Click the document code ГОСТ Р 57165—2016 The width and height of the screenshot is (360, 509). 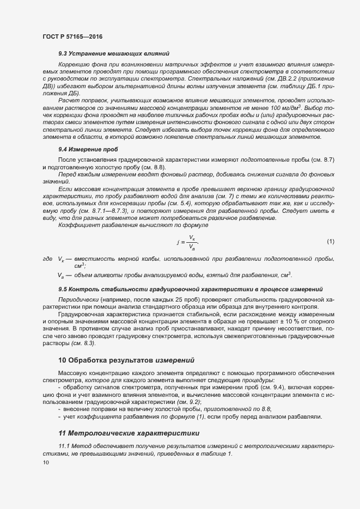point(72,36)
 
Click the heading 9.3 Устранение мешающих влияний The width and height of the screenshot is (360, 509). point(113,53)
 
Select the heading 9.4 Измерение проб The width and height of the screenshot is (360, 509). point(88,149)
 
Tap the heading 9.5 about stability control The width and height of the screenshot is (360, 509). point(190,289)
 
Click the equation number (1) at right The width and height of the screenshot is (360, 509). point(331,241)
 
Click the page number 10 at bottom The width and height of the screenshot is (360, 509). point(46,463)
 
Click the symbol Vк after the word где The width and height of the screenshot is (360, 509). point(61,260)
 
